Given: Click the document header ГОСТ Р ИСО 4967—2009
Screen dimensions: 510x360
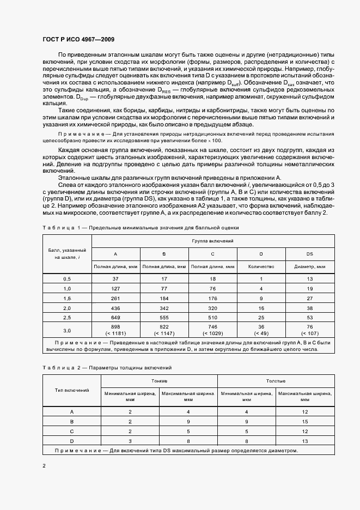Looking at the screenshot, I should click(78, 40).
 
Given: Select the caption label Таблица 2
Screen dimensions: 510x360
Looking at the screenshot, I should click(60, 368).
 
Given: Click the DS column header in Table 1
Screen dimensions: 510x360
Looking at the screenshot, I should click(309, 254).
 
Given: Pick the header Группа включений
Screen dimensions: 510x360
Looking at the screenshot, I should click(212, 240).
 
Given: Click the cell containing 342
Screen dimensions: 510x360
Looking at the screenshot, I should click(164, 307).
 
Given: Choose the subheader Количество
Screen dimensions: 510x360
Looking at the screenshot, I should click(261, 266).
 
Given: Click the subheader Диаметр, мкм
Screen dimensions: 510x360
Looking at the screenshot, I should click(309, 266).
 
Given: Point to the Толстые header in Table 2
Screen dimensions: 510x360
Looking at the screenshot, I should click(276, 381).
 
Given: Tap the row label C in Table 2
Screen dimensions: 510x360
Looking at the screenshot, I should click(72, 430).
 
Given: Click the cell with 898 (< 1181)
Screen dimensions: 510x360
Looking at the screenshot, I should click(115, 330).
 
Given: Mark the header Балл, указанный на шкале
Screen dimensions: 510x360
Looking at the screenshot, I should click(67, 253).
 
